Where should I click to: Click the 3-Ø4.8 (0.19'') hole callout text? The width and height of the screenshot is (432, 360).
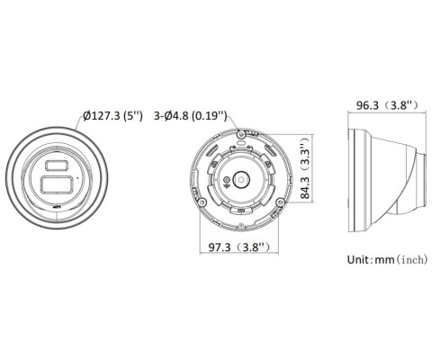coord(192,116)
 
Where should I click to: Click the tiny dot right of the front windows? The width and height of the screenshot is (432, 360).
coord(78,178)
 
